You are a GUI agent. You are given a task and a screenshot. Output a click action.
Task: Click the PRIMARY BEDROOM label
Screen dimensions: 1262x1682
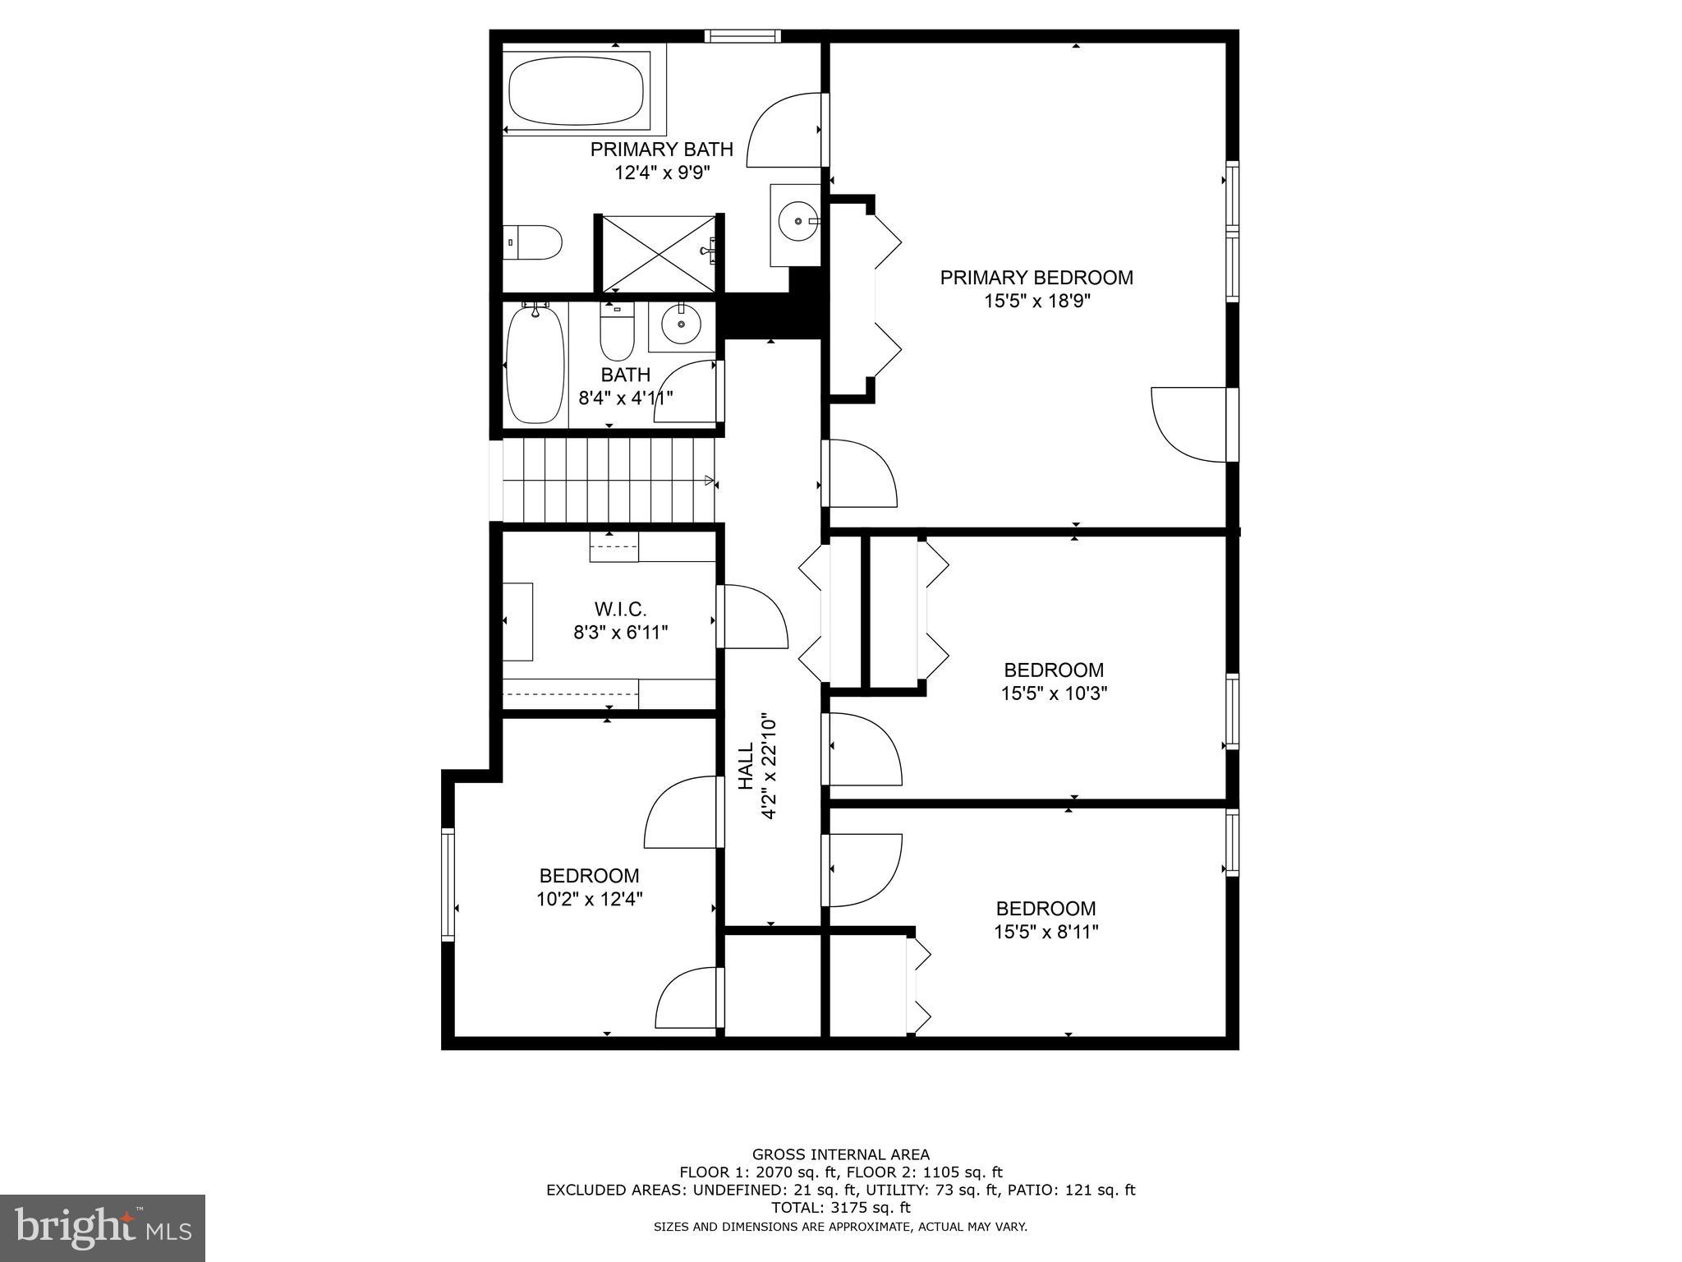coord(1036,278)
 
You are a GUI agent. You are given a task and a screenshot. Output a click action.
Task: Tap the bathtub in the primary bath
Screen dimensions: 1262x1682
coord(577,91)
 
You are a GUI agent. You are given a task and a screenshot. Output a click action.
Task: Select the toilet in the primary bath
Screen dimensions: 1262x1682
coord(534,242)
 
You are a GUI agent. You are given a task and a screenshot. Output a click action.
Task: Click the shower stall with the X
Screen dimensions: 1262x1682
coord(659,253)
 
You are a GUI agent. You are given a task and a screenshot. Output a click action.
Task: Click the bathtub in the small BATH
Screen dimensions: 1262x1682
coord(535,363)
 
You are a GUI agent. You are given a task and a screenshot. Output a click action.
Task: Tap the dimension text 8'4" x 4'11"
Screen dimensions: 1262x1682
coord(626,398)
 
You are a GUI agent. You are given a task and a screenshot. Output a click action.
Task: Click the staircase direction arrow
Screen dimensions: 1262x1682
coord(709,480)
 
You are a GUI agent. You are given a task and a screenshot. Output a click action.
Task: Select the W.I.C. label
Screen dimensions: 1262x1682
coord(620,610)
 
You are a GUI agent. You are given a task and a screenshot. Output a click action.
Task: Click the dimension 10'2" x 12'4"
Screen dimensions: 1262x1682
coord(589,899)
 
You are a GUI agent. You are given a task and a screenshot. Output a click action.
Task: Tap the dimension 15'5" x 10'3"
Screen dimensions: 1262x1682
coord(1054,693)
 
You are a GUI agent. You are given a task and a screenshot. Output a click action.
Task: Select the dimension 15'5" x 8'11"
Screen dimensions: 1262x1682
coord(1046,932)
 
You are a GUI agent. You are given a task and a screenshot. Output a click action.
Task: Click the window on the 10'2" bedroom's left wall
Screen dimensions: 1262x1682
coord(448,884)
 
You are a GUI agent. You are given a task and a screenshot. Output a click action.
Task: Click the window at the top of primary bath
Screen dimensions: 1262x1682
coord(742,35)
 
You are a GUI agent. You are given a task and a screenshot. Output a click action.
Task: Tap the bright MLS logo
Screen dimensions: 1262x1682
coord(102,1228)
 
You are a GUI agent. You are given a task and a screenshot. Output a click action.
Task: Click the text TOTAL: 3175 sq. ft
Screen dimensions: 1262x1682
coord(840,1208)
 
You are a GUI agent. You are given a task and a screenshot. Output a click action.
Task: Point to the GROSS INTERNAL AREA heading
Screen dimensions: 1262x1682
coord(840,1154)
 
